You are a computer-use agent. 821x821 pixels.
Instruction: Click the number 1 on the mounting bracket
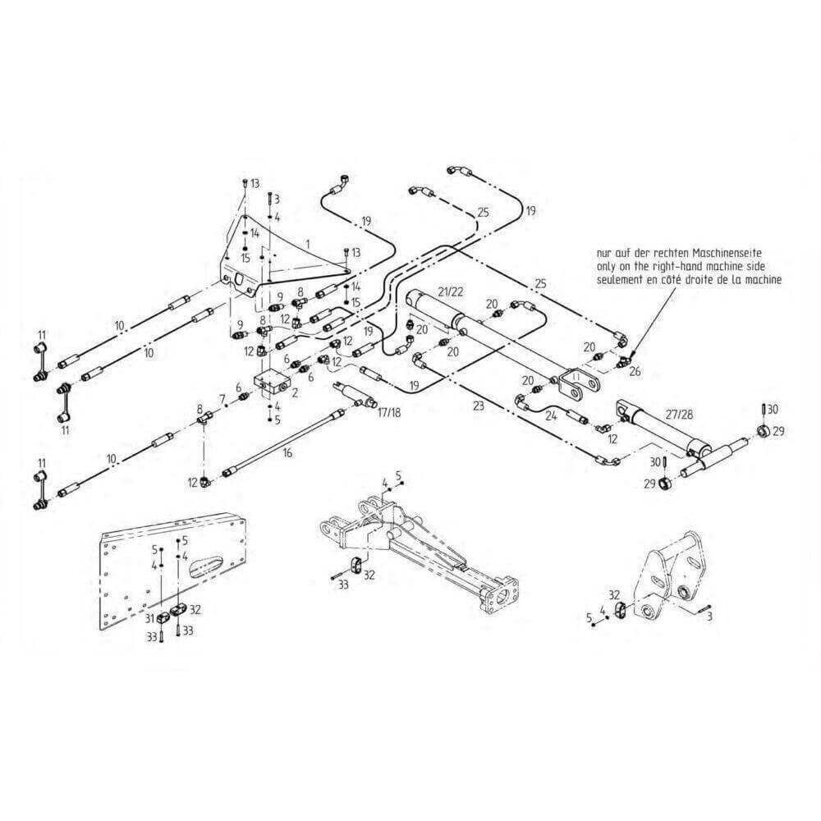[x=306, y=244]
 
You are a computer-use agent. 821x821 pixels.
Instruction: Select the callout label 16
[x=287, y=452]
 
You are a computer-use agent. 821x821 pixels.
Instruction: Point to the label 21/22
[x=452, y=292]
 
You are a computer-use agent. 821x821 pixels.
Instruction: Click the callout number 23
[x=478, y=405]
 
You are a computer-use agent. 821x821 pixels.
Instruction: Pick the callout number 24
[x=549, y=415]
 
